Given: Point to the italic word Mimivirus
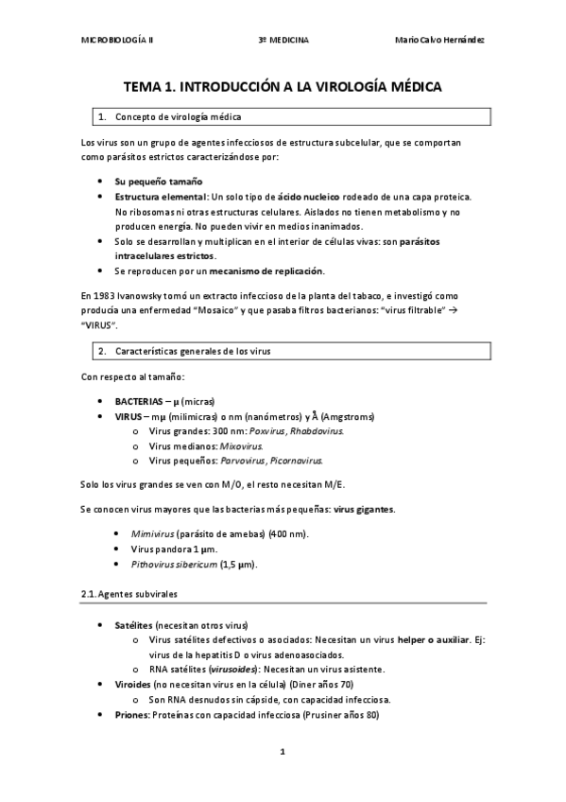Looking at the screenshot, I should pyautogui.click(x=152, y=533).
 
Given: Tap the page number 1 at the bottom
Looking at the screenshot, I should pyautogui.click(x=283, y=752).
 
